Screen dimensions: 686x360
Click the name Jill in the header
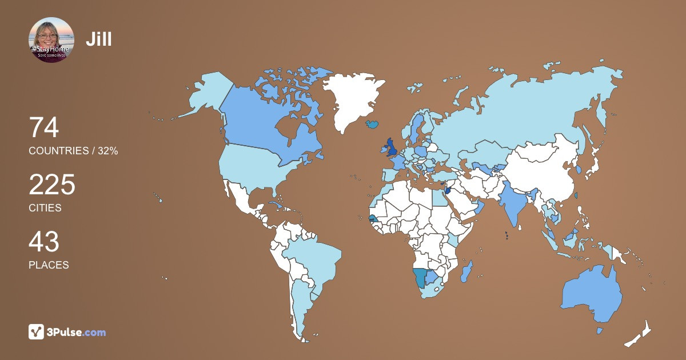[x=99, y=39]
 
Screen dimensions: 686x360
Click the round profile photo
[x=51, y=40]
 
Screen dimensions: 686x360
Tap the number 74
[x=44, y=127]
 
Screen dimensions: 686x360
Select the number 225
[x=52, y=185]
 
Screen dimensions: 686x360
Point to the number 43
[x=44, y=242]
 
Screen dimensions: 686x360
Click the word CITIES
[x=45, y=208]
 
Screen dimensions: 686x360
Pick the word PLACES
[x=49, y=265]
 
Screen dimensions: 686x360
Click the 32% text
[x=107, y=151]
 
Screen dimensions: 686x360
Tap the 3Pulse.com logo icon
[x=37, y=331]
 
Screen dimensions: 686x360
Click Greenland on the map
[x=350, y=97]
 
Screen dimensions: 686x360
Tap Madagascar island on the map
[x=466, y=271]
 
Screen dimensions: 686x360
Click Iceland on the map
[x=373, y=123]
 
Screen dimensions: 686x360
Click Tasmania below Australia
[x=600, y=330]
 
